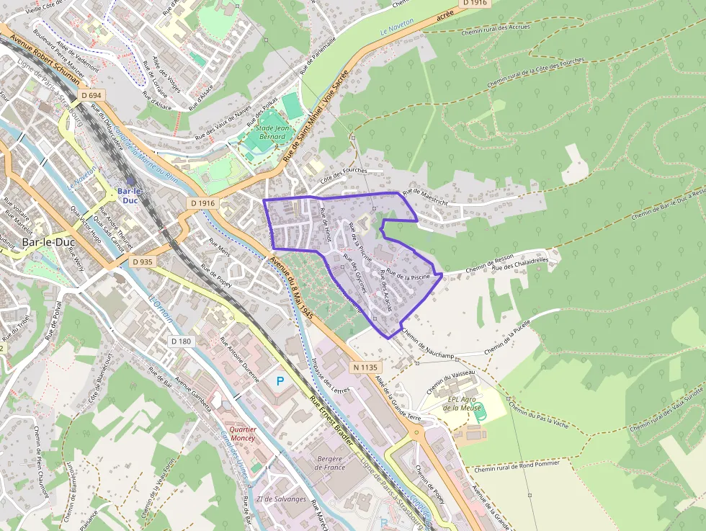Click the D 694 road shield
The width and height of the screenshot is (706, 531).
click(91, 95)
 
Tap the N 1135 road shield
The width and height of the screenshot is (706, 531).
click(365, 367)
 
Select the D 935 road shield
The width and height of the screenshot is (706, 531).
click(143, 262)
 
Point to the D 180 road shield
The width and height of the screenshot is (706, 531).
click(181, 341)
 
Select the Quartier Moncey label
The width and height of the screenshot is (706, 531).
click(242, 434)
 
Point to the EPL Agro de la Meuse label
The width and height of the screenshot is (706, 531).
click(462, 403)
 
